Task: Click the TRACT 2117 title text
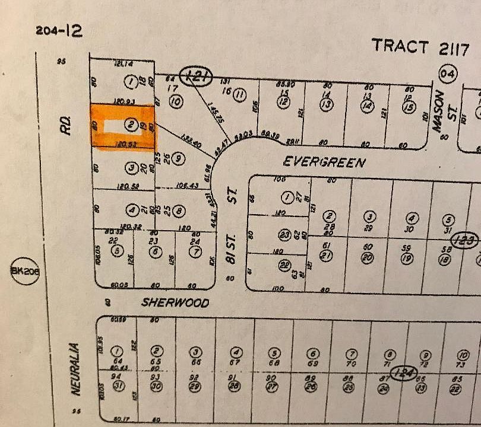click(416, 46)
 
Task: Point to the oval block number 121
click(196, 77)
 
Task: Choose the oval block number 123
click(464, 240)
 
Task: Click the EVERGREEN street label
click(324, 161)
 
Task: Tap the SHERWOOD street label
click(175, 302)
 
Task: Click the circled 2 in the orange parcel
click(130, 125)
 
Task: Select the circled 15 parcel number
click(408, 107)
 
